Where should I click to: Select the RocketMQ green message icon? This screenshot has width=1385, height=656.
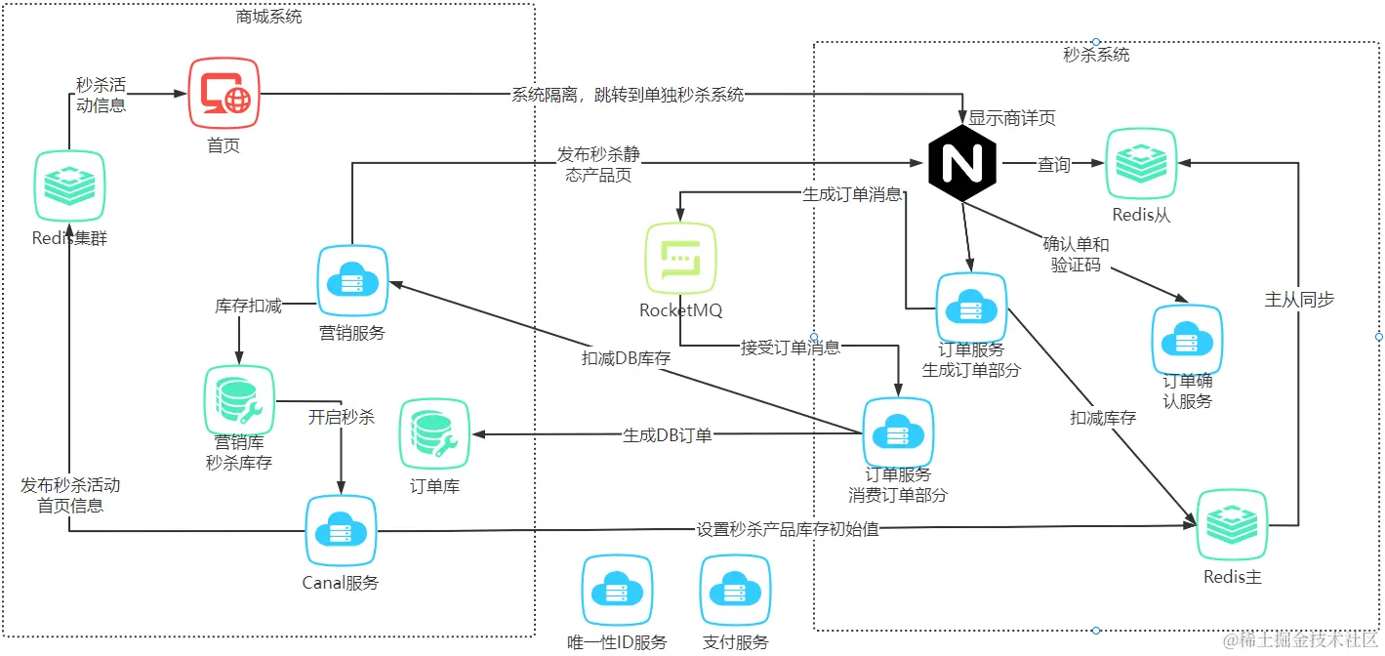click(x=680, y=258)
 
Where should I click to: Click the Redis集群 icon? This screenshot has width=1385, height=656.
click(x=69, y=185)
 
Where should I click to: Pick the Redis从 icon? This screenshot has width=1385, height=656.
click(x=1140, y=165)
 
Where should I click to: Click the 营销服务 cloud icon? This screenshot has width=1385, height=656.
click(x=352, y=280)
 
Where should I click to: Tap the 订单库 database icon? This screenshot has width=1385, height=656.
click(x=434, y=433)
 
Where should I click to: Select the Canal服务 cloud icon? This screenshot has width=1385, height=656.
click(x=341, y=531)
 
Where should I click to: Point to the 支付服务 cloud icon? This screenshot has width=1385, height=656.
click(x=735, y=590)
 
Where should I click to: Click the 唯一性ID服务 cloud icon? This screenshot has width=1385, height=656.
click(x=617, y=590)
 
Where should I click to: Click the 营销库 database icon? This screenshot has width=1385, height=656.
click(x=239, y=400)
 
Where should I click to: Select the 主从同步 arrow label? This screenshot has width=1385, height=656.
click(x=1299, y=300)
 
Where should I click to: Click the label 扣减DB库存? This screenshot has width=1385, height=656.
click(x=626, y=358)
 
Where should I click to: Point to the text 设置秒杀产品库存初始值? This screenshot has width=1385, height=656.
click(x=788, y=529)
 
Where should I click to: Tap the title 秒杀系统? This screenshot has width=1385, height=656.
click(x=1096, y=56)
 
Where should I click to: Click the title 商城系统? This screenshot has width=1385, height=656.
click(x=268, y=17)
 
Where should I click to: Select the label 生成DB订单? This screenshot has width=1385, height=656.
click(x=668, y=435)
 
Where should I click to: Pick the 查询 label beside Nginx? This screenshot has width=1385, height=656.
click(x=1054, y=166)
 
